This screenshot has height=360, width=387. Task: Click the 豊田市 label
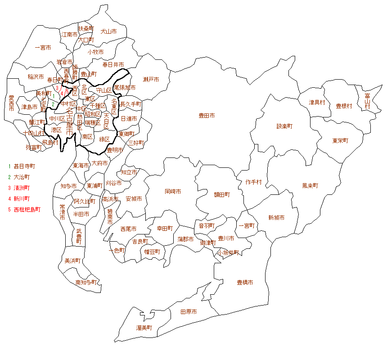[x=207, y=116]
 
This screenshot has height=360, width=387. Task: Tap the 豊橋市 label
[x=245, y=283]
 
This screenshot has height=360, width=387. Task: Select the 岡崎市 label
[x=173, y=191]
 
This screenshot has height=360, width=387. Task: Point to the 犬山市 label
[x=108, y=31]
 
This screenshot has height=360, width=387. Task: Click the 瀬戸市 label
[x=151, y=80]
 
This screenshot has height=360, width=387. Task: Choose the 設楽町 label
[x=284, y=126]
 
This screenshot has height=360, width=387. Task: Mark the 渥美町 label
[x=144, y=328]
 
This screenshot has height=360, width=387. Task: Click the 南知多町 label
[x=86, y=283]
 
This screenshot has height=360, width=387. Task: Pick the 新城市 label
[x=276, y=218]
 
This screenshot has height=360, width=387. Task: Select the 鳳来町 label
[x=310, y=185]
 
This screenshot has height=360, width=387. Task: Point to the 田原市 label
[x=188, y=311]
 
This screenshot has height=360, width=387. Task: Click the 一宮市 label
[x=43, y=47]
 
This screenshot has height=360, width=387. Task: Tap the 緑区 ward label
[x=105, y=139]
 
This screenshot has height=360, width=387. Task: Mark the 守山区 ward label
[x=104, y=90]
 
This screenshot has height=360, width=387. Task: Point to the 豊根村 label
[x=344, y=106]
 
